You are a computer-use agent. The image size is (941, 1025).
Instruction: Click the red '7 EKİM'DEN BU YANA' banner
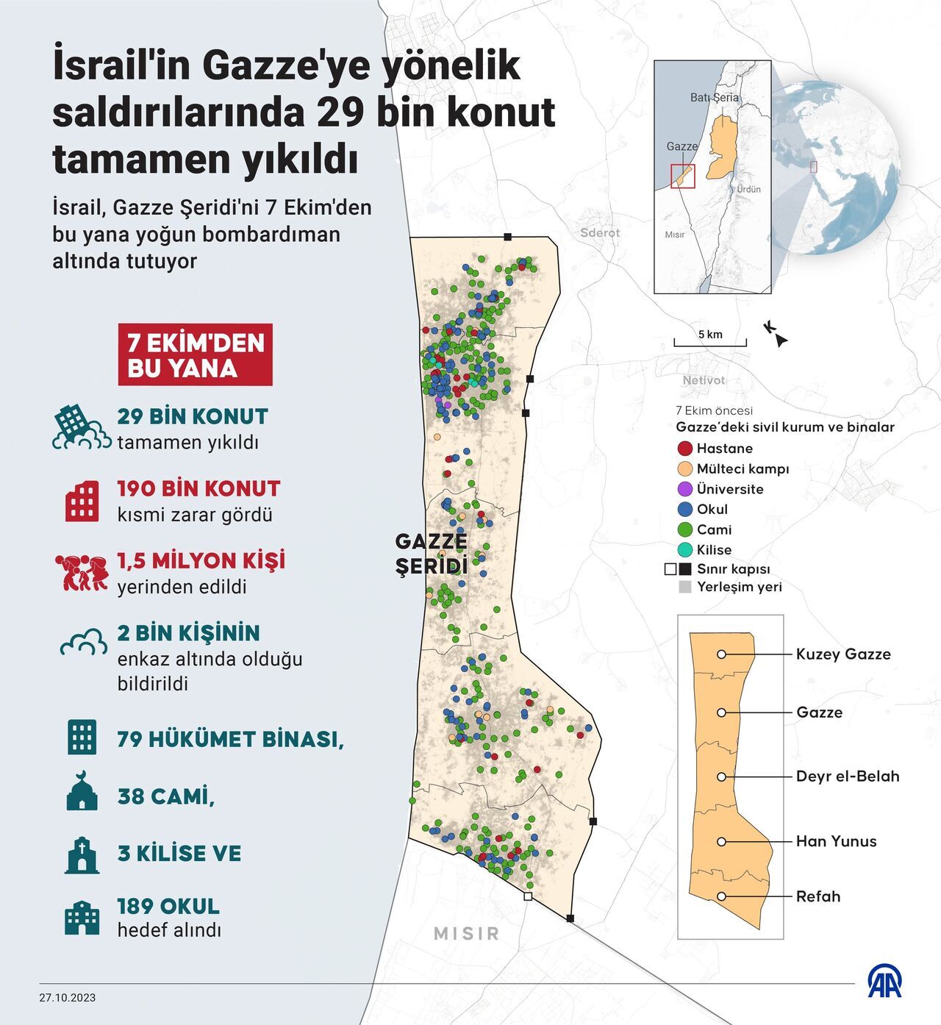point(195,355)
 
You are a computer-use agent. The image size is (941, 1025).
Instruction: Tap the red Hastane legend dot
point(684,449)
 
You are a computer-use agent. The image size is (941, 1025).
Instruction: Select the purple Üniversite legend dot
point(684,489)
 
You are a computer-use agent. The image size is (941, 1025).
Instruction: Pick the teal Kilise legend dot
point(684,549)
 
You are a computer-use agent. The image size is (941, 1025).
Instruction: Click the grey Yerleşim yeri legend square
point(684,587)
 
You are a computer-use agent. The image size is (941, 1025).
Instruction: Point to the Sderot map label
point(600,232)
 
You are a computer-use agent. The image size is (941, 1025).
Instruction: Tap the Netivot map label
point(704,380)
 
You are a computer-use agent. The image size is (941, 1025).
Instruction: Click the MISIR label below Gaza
point(467,933)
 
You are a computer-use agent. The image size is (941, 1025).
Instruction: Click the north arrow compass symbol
point(776,334)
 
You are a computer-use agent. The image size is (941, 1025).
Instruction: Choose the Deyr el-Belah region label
point(847,776)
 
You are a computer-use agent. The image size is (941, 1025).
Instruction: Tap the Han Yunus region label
point(836,841)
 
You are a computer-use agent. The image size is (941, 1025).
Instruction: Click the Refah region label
point(817,896)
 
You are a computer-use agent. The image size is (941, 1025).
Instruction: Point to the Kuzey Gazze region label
point(842,654)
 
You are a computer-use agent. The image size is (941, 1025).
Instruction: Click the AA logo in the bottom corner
point(884,982)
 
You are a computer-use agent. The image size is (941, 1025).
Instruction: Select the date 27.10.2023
point(68,998)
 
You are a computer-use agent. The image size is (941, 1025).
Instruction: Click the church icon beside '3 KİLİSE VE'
point(82,854)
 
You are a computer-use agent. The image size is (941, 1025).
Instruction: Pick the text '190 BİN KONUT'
point(198,489)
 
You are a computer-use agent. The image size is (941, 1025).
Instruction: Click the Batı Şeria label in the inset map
point(715,97)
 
